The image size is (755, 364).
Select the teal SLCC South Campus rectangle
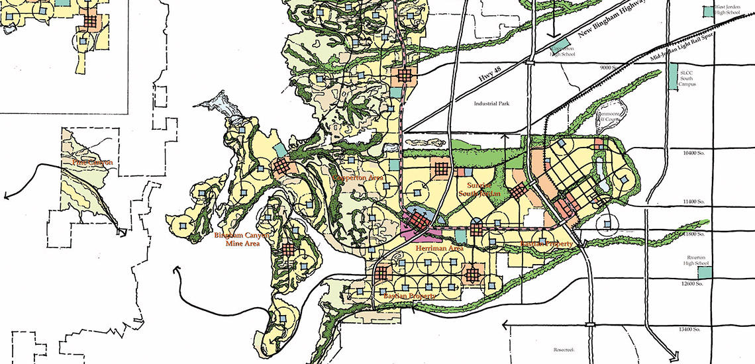(x=674, y=77)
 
